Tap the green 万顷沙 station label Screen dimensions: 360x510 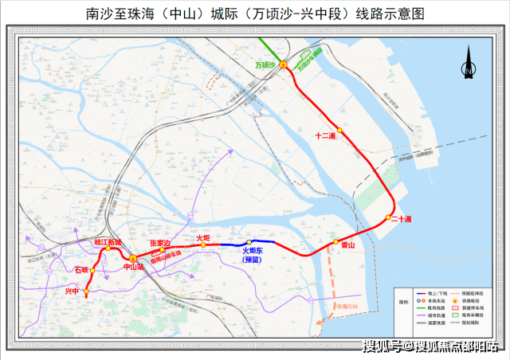pos(265,65)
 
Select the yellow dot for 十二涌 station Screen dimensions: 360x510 pos(339,130)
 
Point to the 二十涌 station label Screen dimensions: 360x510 pos(399,218)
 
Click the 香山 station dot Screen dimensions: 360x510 pos(336,241)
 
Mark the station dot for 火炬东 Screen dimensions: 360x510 pos(249,242)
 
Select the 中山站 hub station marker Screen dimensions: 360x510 pos(133,259)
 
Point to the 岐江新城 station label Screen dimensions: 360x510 pos(108,242)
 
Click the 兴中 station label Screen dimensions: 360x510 pos(73,292)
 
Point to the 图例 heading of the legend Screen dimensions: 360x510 pos(404,303)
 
